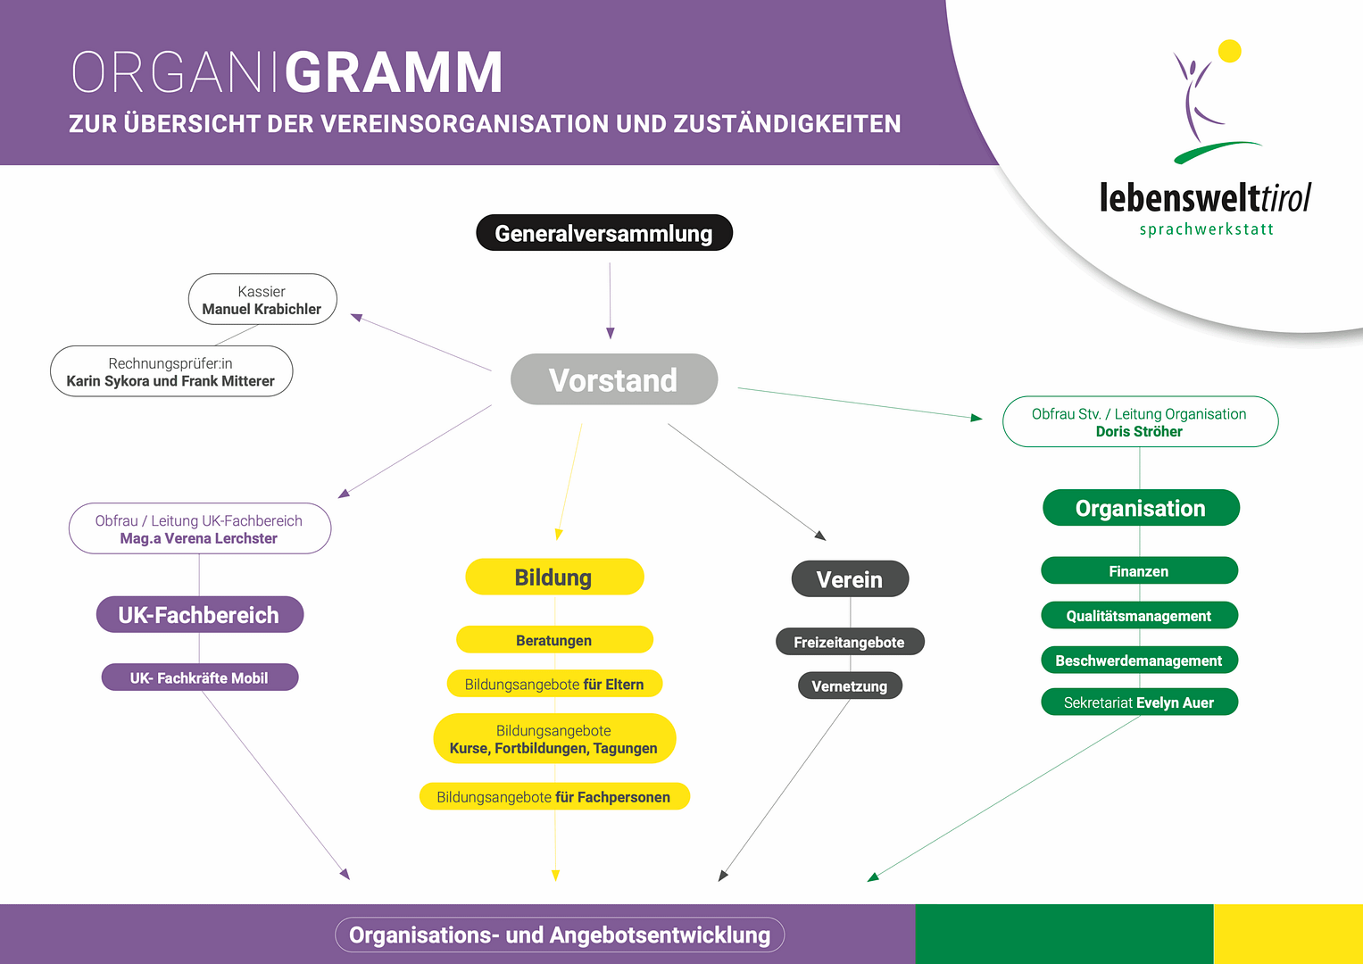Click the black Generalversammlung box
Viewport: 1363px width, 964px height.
[x=604, y=233]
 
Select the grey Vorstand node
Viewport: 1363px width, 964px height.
[x=614, y=379]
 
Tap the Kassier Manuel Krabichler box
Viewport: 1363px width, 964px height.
[x=262, y=300]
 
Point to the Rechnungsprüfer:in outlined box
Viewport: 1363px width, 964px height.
[x=171, y=371]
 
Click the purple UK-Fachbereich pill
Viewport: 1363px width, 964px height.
[x=200, y=615]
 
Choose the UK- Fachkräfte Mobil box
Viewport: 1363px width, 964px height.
[x=200, y=677]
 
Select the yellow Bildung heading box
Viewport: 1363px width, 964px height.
[x=554, y=578]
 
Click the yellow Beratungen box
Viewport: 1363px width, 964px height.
[x=554, y=640]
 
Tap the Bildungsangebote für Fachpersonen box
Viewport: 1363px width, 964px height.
[x=554, y=797]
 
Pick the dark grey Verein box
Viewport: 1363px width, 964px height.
[x=850, y=579]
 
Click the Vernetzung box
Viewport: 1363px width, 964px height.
[x=850, y=686]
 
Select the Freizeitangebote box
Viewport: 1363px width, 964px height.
[x=850, y=642]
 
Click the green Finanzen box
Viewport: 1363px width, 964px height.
[x=1139, y=571]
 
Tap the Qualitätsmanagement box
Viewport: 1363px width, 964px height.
[x=1139, y=616]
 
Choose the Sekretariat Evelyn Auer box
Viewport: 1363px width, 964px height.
[x=1139, y=702]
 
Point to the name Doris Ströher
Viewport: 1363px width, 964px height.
[x=1139, y=432]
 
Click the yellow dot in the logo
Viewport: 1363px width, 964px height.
[x=1230, y=51]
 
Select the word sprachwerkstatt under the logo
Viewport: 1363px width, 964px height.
[x=1207, y=229]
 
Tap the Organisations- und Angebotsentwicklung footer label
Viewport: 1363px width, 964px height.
[x=560, y=935]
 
